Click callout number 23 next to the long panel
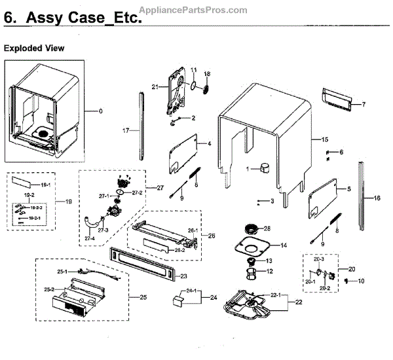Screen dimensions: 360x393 (x=184, y=276)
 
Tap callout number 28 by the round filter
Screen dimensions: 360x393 (x=267, y=228)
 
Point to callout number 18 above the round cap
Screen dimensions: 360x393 (x=208, y=73)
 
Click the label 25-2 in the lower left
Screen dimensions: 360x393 (x=48, y=289)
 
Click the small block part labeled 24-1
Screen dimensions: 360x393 (x=176, y=300)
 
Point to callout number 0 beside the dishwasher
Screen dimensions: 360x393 (x=101, y=111)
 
